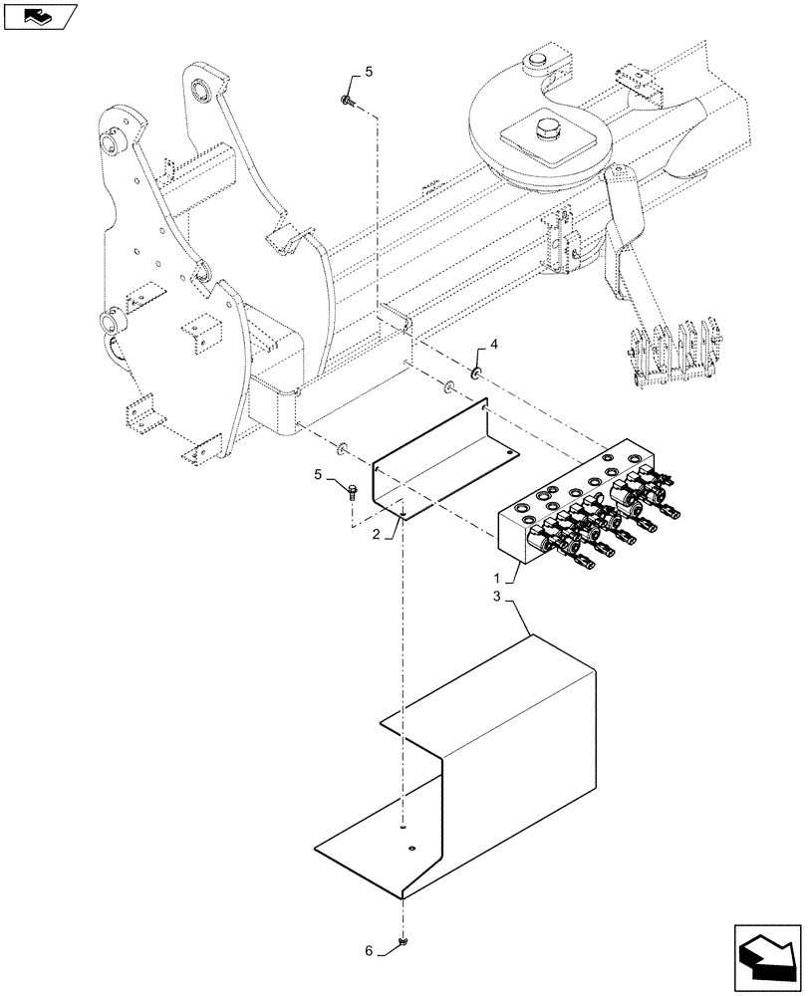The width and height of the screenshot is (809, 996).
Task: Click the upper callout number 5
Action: (x=368, y=71)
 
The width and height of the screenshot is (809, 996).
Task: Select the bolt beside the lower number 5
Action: (x=353, y=489)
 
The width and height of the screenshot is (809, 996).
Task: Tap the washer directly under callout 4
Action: (x=477, y=373)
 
